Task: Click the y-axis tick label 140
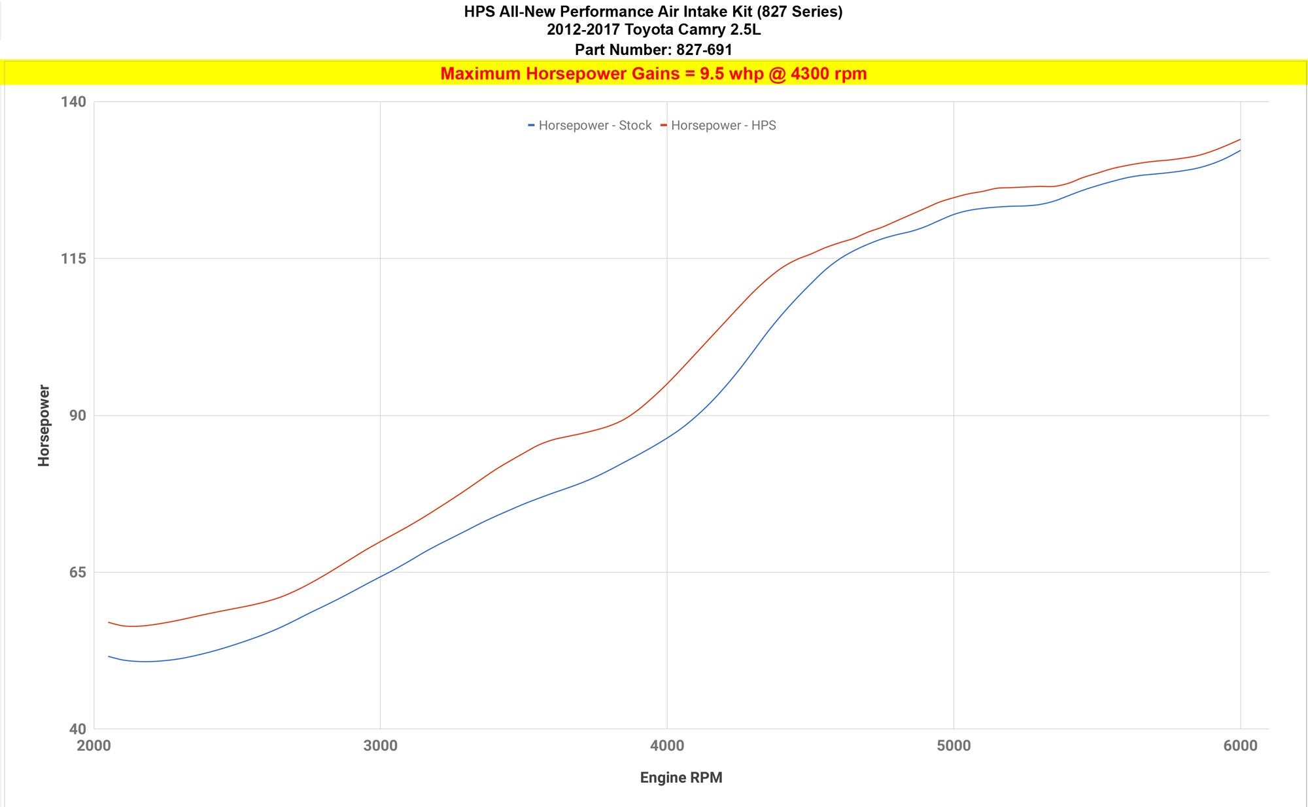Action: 73,101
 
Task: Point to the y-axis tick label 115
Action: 73,259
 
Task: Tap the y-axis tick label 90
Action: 77,416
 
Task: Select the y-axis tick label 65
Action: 77,572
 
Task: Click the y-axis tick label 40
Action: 77,729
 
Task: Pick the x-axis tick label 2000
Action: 94,745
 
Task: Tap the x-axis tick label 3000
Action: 380,745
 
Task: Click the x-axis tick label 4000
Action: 667,745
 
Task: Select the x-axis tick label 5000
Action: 954,745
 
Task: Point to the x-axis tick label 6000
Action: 1240,745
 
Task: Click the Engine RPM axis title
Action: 681,778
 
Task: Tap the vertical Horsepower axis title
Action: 44,425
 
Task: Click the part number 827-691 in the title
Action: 704,50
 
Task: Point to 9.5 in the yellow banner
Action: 712,73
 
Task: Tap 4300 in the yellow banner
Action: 808,73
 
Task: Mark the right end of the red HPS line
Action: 1240,139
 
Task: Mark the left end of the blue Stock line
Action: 109,656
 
